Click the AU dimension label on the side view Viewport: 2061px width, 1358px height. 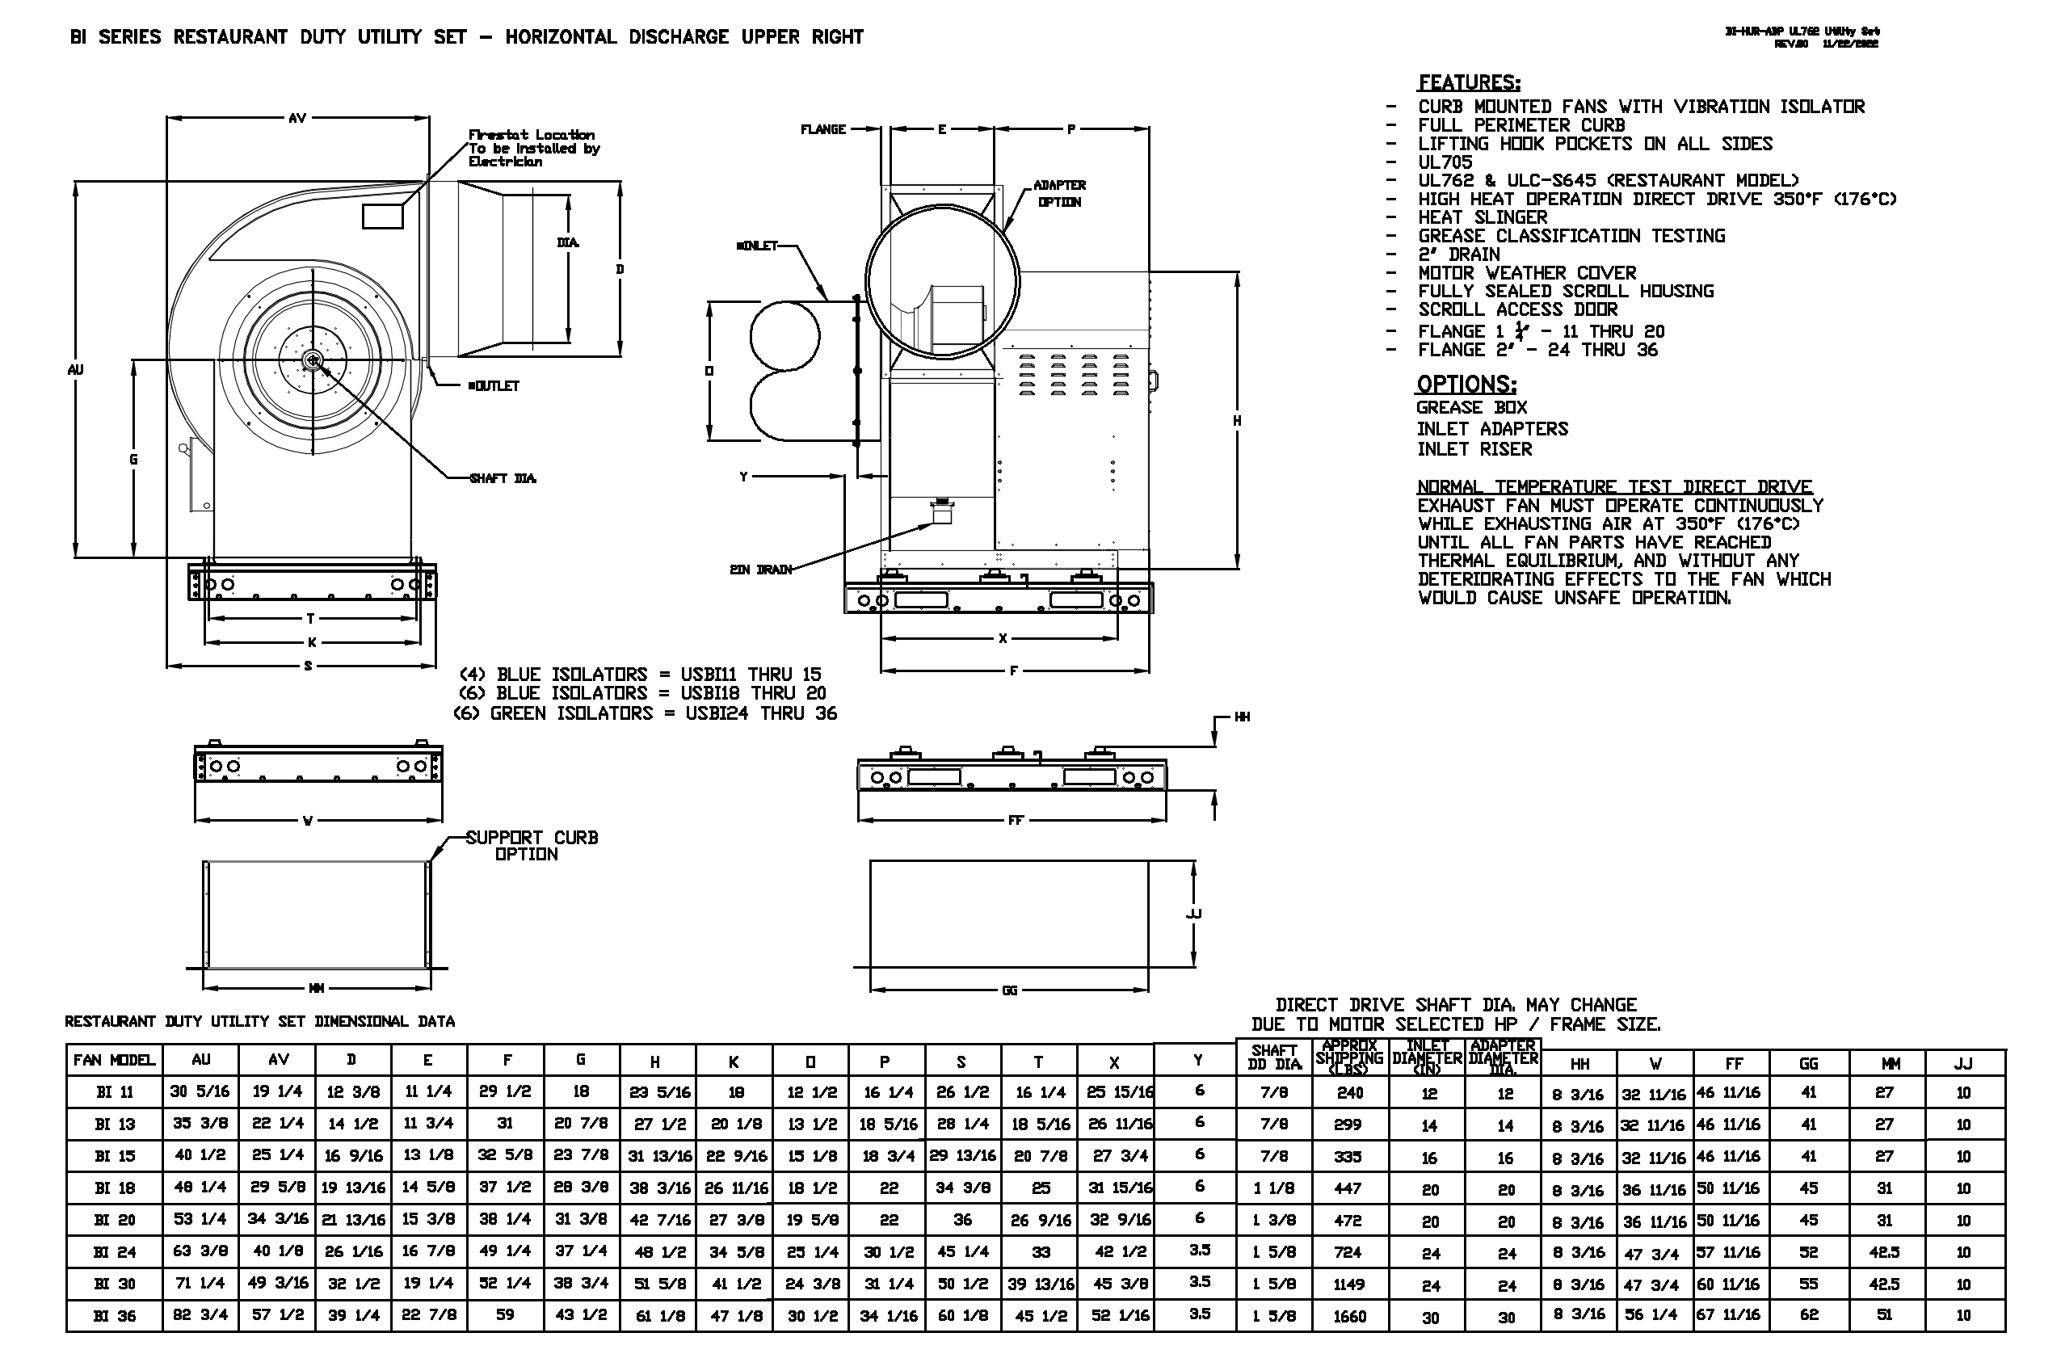pyautogui.click(x=75, y=370)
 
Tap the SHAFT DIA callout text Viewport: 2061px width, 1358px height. pyautogui.click(x=503, y=478)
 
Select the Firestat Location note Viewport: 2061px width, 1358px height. pyautogui.click(x=532, y=148)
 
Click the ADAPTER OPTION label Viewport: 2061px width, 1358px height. pyautogui.click(x=1059, y=194)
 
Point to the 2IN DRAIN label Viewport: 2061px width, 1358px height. pyautogui.click(x=760, y=569)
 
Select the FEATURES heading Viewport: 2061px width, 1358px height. pyautogui.click(x=1469, y=83)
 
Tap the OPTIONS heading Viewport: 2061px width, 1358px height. pyautogui.click(x=1466, y=385)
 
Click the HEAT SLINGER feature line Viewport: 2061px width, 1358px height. pyautogui.click(x=1483, y=217)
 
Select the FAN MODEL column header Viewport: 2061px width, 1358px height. pyautogui.click(x=114, y=1060)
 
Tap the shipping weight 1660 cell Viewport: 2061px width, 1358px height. pyautogui.click(x=1349, y=1317)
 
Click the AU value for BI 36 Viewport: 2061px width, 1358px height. pyautogui.click(x=200, y=1314)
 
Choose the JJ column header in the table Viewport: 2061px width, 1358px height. pyautogui.click(x=1963, y=1063)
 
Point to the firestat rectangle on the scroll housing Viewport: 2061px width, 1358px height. pyautogui.click(x=383, y=216)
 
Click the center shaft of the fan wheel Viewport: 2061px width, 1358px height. pyautogui.click(x=312, y=359)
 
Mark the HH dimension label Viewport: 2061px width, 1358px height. pyautogui.click(x=1242, y=717)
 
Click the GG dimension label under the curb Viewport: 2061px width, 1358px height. pyautogui.click(x=1009, y=990)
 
